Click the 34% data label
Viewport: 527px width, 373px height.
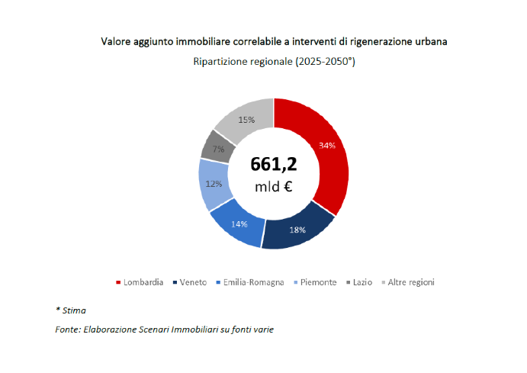tap(328, 145)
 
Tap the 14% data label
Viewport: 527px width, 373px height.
tap(240, 225)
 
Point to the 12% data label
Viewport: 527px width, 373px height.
tap(214, 184)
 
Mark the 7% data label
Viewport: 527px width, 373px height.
tap(218, 150)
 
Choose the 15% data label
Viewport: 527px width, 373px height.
tap(246, 120)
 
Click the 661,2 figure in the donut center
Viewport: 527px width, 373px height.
tap(274, 164)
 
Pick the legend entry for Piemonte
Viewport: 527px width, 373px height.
tap(318, 282)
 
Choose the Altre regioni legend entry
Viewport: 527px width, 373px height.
tap(410, 282)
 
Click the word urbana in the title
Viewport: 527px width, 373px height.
tap(428, 40)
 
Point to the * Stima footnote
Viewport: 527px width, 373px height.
tap(71, 310)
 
